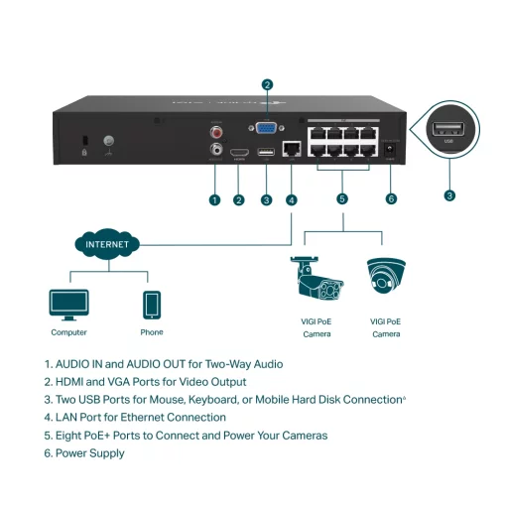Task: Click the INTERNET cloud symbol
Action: pos(106,242)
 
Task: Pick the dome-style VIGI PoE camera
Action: pos(386,278)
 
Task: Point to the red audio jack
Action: pos(216,129)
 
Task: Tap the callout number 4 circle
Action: pos(292,199)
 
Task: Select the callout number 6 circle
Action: pos(391,199)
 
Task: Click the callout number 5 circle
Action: pos(342,199)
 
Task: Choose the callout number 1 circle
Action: pos(214,199)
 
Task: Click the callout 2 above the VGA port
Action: pos(266,84)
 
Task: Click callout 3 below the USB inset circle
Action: pos(449,195)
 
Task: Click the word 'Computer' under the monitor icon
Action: pos(68,332)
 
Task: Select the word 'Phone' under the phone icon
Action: pos(152,332)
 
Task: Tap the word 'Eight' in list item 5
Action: pos(71,436)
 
